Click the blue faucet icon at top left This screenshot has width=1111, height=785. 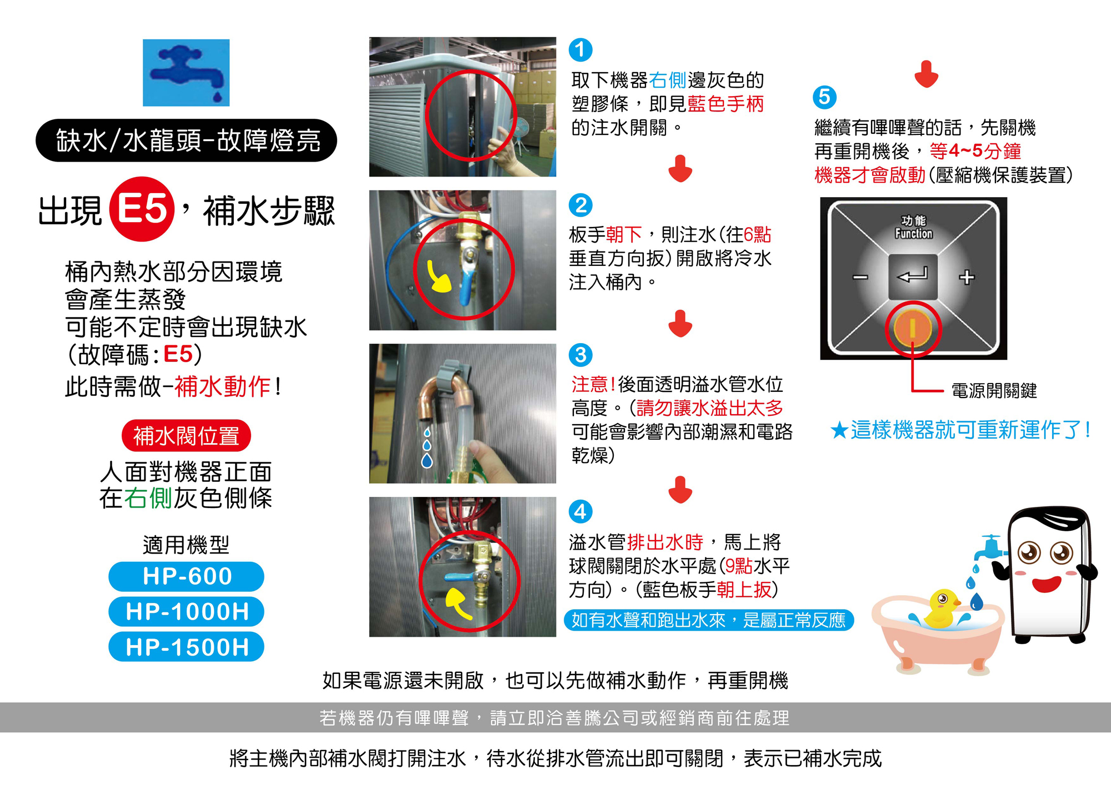click(x=186, y=73)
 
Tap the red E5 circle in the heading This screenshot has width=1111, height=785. click(x=142, y=209)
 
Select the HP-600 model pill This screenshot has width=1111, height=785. click(x=186, y=576)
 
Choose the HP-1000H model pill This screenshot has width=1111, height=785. click(x=186, y=612)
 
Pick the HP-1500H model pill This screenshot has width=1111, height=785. click(x=186, y=647)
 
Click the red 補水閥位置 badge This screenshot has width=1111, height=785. click(x=186, y=436)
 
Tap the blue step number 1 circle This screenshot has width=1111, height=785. click(x=580, y=50)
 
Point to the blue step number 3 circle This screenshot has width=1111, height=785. click(x=580, y=355)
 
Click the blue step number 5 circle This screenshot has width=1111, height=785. click(x=824, y=97)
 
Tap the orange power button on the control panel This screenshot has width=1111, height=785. click(x=913, y=328)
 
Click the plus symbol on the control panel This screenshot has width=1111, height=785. click(x=967, y=277)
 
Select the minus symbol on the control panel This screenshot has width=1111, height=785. click(x=860, y=277)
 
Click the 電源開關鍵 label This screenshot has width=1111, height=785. click(x=994, y=391)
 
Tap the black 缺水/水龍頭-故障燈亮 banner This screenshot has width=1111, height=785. click(x=186, y=140)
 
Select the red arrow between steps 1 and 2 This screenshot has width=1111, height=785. click(x=680, y=169)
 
